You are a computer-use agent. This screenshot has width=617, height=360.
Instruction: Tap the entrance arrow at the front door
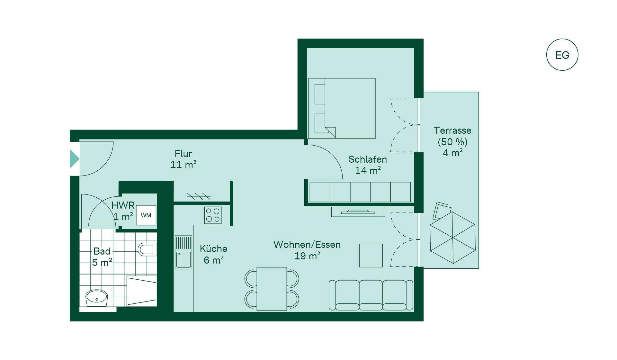75,159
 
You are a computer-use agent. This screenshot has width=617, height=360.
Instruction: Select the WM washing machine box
146,215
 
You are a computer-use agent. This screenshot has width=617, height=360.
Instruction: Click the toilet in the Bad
147,249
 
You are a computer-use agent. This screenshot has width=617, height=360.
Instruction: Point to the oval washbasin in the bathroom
96,298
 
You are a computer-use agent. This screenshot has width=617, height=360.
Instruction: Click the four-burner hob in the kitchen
213,215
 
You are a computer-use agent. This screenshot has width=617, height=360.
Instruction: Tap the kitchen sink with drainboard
183,252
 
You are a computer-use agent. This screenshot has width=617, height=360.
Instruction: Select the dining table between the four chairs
272,289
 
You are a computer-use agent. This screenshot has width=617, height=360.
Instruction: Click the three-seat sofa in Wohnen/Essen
371,295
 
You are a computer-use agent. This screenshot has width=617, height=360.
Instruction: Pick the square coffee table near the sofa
371,256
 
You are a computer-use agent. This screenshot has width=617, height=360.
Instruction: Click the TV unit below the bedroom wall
358,212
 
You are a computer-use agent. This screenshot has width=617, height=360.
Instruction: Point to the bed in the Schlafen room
342,108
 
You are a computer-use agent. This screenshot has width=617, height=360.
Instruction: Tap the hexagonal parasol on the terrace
452,238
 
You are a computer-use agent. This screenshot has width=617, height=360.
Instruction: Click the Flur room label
183,154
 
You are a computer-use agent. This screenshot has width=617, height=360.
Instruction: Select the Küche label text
213,249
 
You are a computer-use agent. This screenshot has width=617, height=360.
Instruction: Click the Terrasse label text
452,130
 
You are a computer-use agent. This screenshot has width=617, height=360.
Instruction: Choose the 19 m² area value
307,256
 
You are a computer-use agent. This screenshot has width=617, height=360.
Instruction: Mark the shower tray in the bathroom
142,291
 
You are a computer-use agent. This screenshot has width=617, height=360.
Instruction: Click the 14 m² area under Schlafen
368,170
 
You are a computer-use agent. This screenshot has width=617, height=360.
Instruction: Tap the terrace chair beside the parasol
442,211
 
